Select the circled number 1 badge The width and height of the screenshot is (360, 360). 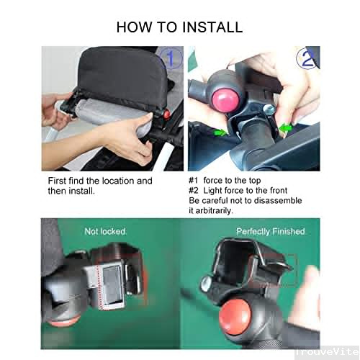coord(171,57)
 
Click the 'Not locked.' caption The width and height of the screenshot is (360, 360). coord(106,232)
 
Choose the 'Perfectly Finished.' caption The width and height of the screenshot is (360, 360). coord(271,232)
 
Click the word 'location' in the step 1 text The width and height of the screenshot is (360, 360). coord(115,181)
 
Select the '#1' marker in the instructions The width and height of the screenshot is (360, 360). coord(194,181)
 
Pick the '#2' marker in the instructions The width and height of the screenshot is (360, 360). coord(194,190)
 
